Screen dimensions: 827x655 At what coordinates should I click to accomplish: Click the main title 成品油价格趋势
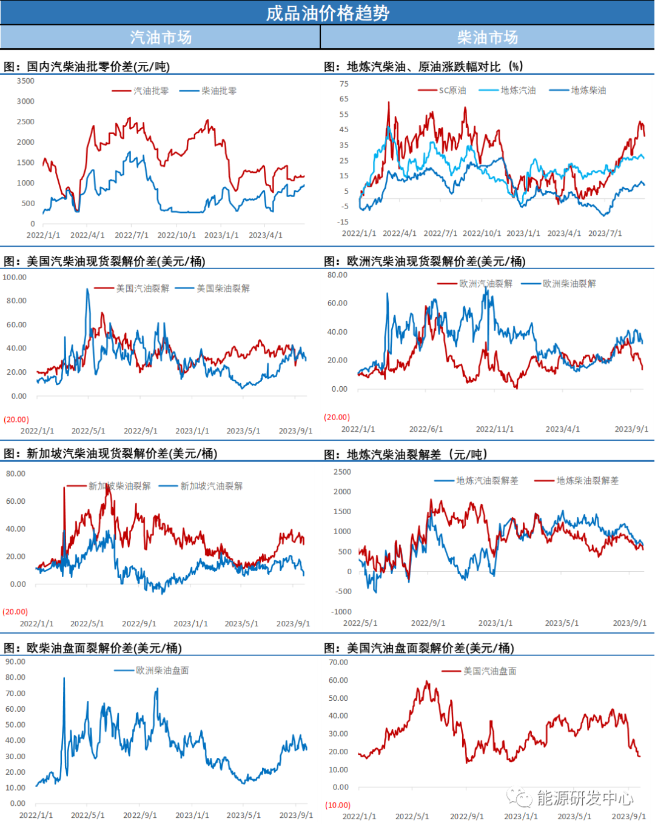[x=327, y=13]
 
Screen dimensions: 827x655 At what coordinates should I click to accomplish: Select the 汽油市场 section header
[x=161, y=38]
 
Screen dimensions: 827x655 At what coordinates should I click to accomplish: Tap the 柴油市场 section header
[x=488, y=38]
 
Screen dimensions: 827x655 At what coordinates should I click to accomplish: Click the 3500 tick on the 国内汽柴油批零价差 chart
[x=25, y=81]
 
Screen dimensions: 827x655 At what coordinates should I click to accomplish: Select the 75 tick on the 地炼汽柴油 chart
[x=344, y=84]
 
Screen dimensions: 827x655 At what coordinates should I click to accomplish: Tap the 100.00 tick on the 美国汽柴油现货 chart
[x=15, y=277]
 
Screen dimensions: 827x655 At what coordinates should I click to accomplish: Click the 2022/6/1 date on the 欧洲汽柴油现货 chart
[x=426, y=429]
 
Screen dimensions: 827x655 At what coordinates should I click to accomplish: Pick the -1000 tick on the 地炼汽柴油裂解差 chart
[x=342, y=612]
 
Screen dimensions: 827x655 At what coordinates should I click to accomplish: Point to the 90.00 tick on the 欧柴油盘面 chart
[x=16, y=661]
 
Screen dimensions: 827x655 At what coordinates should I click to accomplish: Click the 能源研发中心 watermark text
[x=584, y=798]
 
